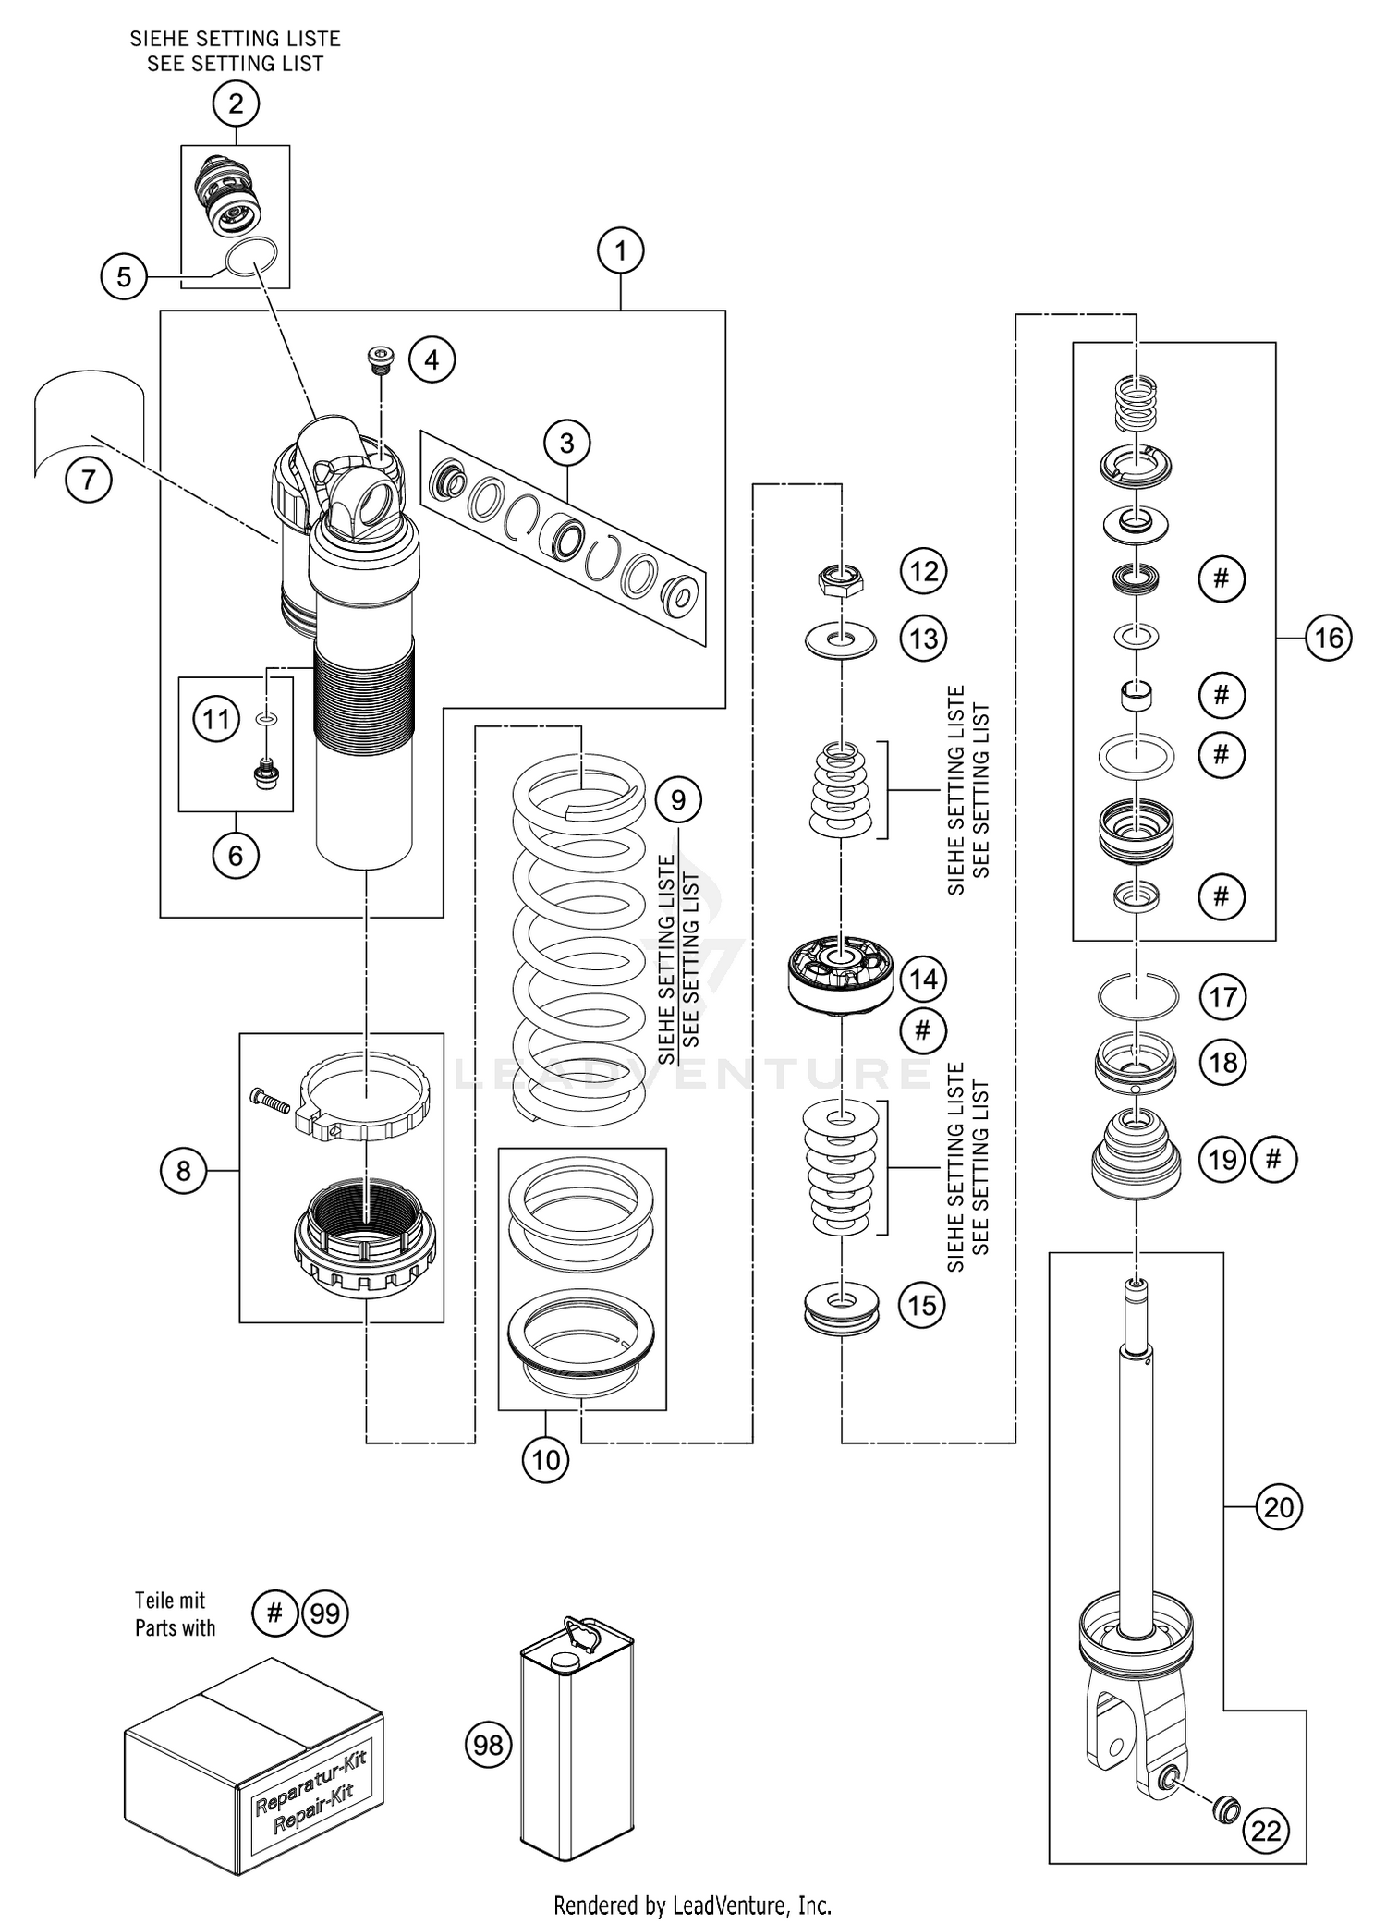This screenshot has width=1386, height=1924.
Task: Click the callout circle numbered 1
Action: [x=620, y=251]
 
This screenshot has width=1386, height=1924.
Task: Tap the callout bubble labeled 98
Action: [x=488, y=1745]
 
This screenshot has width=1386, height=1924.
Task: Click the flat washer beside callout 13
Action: [x=841, y=639]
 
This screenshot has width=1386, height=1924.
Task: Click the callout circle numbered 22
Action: [x=1266, y=1831]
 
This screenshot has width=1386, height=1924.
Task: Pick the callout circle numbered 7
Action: [x=89, y=481]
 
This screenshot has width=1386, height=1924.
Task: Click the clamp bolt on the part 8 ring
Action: [x=271, y=1100]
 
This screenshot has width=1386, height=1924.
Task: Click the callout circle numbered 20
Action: [x=1278, y=1507]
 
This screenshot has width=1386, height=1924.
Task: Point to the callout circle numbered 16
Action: [x=1328, y=638]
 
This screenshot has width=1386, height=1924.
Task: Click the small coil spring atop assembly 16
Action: [x=1137, y=403]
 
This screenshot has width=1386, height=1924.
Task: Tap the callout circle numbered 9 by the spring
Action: [x=678, y=799]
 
